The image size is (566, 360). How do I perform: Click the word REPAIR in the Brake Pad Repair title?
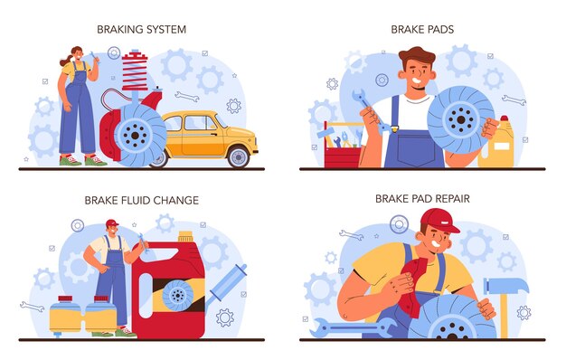coord(451,199)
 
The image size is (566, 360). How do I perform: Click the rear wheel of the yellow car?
coord(238,157)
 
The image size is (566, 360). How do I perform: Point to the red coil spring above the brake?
coord(135,71)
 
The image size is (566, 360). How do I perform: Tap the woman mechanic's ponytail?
coord(65,61)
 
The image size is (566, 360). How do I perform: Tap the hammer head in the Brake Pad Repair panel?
coord(506,286)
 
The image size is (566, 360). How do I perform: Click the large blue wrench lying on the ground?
coord(353,327)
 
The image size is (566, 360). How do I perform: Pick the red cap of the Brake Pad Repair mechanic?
coord(439,220)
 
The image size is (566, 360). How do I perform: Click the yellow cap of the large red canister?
coord(186,236)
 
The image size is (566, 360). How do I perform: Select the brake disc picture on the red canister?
coord(177,296)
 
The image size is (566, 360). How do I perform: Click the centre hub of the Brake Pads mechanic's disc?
coord(461,119)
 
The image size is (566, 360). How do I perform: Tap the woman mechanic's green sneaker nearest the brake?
coord(96,160)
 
